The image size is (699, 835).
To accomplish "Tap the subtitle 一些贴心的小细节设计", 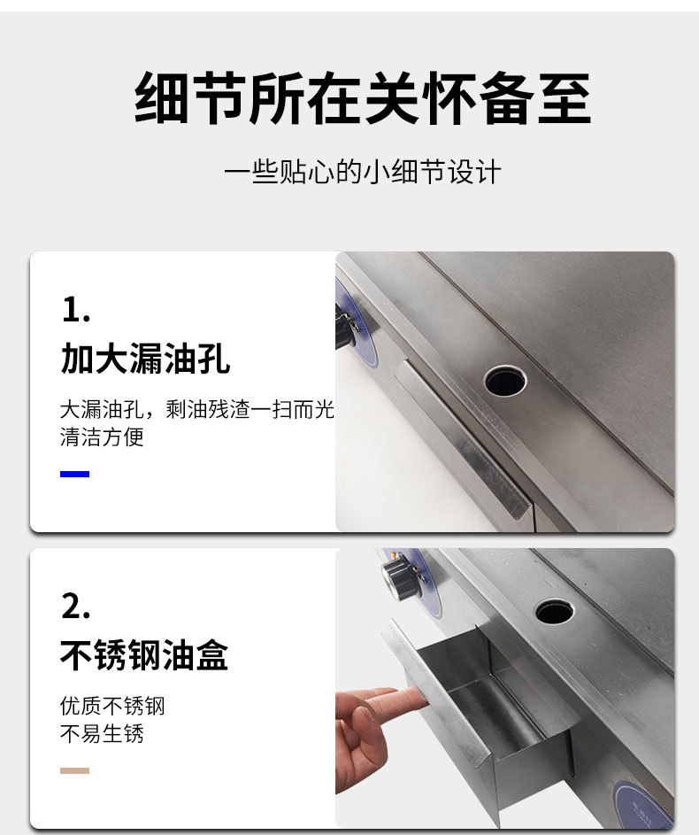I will coord(363,171).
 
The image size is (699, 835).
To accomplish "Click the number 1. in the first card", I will coord(76,309).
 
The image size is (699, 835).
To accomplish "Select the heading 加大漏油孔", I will coord(145,359).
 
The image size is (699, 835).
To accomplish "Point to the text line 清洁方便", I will coord(102,437).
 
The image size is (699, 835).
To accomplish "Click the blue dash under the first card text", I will coord(74,475).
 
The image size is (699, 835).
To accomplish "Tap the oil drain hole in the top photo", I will coord(505,380).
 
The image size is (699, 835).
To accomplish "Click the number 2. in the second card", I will coord(77,607).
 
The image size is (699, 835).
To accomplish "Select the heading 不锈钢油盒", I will coord(145,655).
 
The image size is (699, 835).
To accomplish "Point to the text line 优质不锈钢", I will coord(112,706).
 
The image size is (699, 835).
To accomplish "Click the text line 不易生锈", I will coord(102,734).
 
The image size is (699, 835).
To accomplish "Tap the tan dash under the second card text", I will coord(74,771).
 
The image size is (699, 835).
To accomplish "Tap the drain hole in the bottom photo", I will coord(554,610).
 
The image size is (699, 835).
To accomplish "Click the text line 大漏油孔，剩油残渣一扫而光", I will coord(196,410).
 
